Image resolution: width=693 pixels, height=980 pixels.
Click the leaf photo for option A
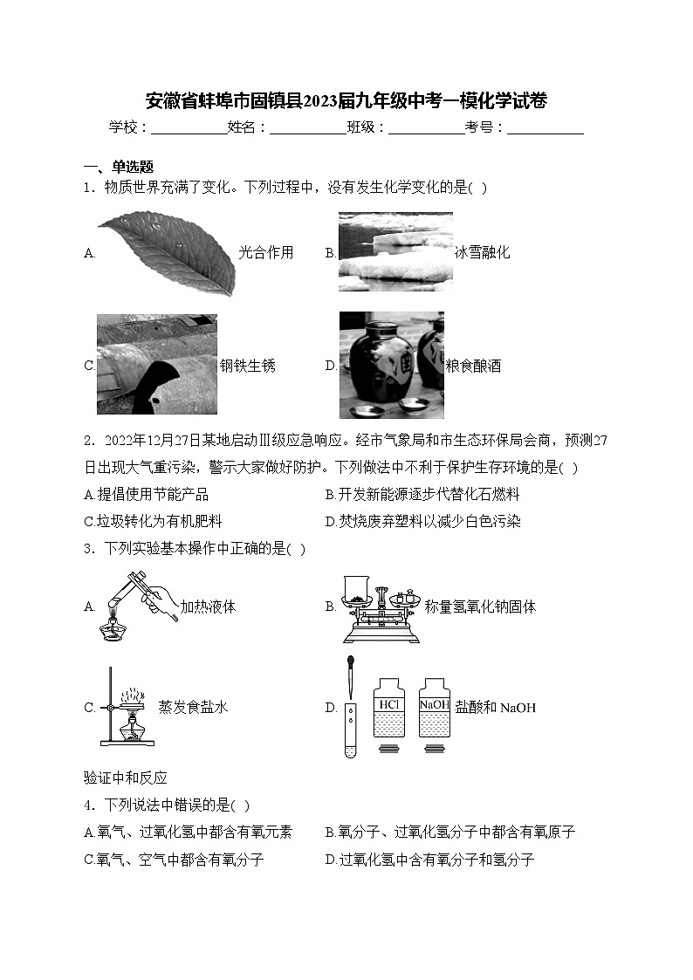(x=166, y=252)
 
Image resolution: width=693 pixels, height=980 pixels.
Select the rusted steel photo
(x=156, y=364)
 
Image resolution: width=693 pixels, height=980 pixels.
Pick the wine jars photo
(x=391, y=365)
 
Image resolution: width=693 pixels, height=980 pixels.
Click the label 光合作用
(x=266, y=253)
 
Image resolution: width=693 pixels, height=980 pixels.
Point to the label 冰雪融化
(x=482, y=253)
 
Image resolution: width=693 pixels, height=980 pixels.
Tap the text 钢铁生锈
(x=247, y=366)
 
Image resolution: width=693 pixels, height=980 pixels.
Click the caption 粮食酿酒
(x=473, y=367)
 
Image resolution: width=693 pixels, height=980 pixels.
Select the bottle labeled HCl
(x=388, y=707)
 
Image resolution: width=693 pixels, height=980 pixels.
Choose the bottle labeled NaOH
(x=434, y=707)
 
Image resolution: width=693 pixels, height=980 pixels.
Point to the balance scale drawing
(x=379, y=607)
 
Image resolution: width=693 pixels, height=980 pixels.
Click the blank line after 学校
(x=189, y=127)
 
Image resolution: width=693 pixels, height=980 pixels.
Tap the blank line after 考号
(x=545, y=127)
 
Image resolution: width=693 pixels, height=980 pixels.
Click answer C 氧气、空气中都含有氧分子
(x=175, y=860)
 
